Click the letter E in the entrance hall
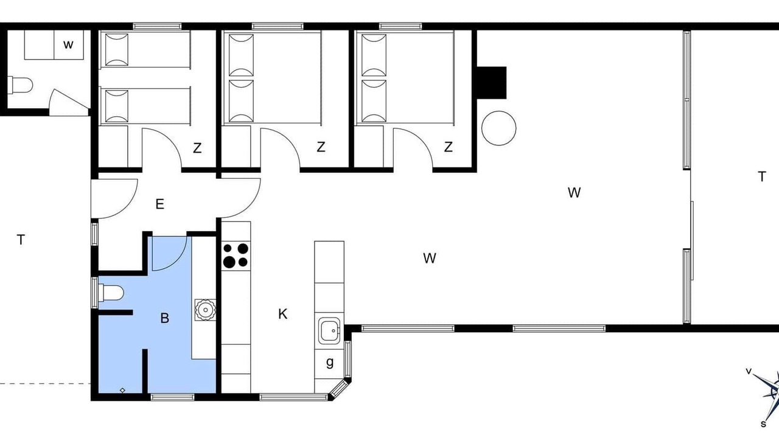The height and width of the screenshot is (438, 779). point(159,204)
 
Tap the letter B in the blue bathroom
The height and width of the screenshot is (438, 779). point(164,318)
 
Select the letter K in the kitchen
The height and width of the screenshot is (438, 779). point(283,314)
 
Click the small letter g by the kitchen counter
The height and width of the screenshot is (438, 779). point(330,363)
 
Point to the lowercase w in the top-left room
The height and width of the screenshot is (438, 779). point(68,44)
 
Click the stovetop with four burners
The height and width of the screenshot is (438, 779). point(236,255)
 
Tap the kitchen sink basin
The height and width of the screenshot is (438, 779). point(329,330)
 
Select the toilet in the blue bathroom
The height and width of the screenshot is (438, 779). point(111,293)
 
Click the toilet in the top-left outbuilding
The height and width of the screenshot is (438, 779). point(21,85)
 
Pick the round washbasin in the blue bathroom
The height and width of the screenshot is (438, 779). point(205,310)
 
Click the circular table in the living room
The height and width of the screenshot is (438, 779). point(498,128)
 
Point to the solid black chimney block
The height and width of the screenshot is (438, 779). point(491,83)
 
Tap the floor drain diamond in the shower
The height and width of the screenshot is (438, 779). point(122,391)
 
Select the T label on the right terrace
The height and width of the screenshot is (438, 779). point(761,176)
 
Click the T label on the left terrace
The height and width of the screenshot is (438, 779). point(21,240)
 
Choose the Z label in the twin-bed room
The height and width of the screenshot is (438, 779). point(197,148)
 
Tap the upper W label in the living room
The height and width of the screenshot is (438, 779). point(574,193)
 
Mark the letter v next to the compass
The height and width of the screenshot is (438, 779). point(749,371)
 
